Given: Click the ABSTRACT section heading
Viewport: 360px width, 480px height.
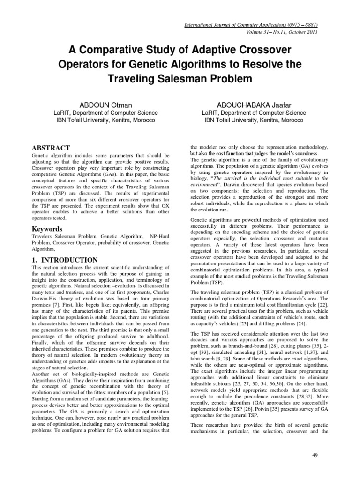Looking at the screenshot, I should pos(51,148).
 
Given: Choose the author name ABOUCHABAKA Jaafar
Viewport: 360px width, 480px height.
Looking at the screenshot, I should pos(254,104).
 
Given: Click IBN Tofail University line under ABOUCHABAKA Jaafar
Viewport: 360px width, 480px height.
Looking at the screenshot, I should pos(254,120).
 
